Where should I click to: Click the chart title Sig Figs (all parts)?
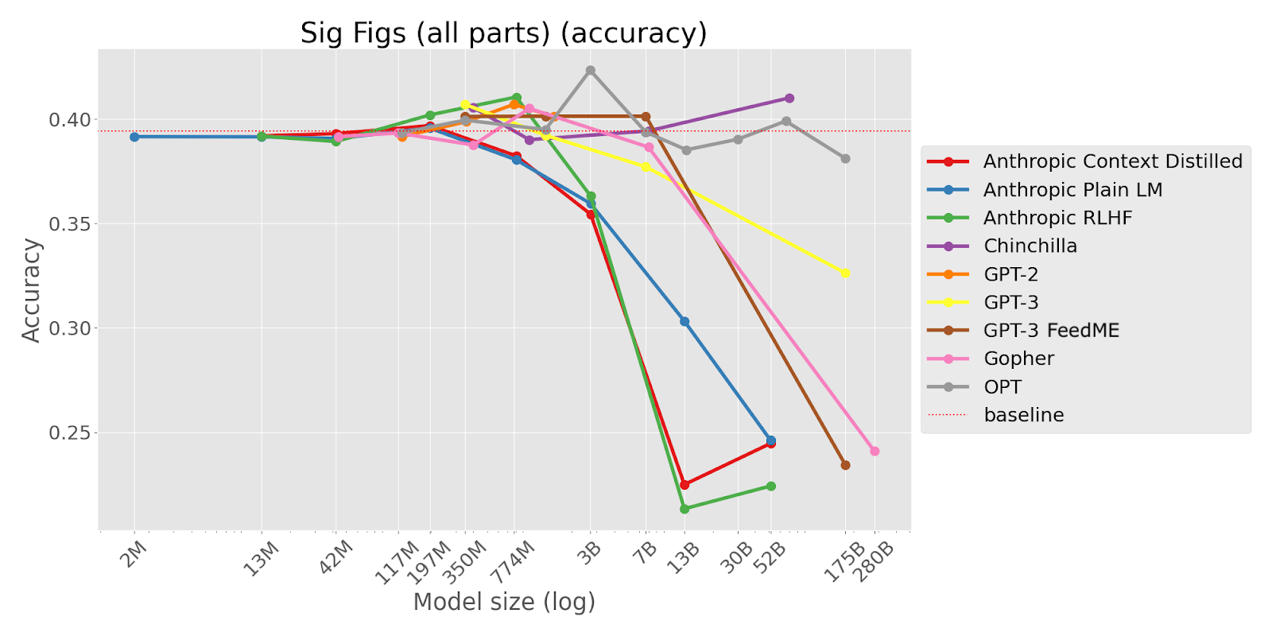(x=503, y=33)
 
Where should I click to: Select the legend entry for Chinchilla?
(x=1030, y=246)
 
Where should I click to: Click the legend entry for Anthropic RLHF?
(x=1057, y=218)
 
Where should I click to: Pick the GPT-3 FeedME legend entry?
(x=1051, y=331)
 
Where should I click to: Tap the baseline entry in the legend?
(x=1023, y=415)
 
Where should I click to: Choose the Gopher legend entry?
(x=1018, y=359)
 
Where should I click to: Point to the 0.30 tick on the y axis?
(x=71, y=328)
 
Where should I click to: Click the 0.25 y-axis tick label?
(x=71, y=433)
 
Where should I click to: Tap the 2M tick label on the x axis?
(x=134, y=553)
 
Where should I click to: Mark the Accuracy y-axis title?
(x=31, y=290)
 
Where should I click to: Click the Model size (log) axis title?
(x=504, y=603)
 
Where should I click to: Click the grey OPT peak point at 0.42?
(x=590, y=71)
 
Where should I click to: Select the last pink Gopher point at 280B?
(x=874, y=451)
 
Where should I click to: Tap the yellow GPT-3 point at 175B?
(x=845, y=273)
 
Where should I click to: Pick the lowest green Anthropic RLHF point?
(x=684, y=509)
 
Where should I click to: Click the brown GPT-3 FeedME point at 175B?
(x=845, y=465)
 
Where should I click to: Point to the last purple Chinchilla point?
(x=789, y=98)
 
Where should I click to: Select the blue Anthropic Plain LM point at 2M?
(x=134, y=137)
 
